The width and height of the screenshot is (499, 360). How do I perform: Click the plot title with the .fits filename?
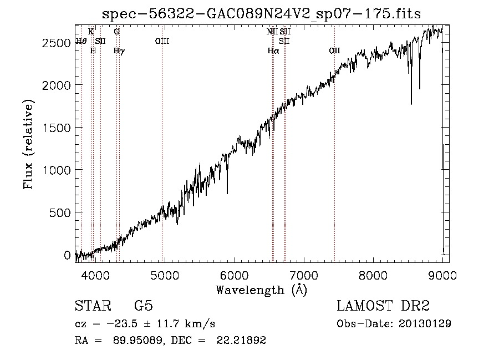261,14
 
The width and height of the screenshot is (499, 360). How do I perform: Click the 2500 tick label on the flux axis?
56,43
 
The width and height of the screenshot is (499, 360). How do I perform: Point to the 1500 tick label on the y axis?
57,128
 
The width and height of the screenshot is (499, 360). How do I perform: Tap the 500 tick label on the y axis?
60,212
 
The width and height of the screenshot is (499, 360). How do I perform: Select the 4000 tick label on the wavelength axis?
95,276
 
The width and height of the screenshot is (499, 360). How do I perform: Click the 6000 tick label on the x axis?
235,276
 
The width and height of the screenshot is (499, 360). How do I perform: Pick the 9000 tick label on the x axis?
442,276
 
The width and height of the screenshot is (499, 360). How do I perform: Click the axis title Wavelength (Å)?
261,290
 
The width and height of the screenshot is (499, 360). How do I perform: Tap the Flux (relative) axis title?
28,145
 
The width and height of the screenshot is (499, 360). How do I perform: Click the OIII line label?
162,42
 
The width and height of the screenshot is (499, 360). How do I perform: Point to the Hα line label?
273,51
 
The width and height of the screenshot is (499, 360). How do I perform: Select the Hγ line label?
119,51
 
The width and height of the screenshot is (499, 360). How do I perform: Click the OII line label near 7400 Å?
334,51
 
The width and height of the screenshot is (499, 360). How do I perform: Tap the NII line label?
272,32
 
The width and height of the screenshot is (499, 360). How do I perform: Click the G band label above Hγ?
116,32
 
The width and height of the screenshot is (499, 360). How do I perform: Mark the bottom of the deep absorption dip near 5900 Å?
227,193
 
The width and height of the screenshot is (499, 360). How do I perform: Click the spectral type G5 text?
144,306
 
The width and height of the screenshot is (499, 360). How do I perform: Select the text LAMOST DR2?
383,306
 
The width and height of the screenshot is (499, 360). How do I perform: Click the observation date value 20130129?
425,324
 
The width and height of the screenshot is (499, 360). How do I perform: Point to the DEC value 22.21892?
241,340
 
